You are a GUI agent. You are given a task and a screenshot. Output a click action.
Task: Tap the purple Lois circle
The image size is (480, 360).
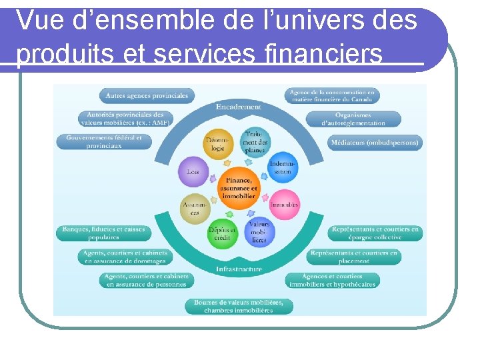(193, 171)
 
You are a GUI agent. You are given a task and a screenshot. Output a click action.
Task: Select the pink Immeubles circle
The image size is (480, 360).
(284, 204)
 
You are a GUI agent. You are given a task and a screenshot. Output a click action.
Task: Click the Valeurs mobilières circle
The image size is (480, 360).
(259, 231)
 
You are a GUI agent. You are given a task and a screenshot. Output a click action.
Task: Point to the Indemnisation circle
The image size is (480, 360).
(283, 168)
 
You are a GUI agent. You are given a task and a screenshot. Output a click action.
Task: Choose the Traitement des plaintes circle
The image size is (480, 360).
(255, 141)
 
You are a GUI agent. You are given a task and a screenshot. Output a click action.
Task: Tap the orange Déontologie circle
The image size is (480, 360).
(217, 144)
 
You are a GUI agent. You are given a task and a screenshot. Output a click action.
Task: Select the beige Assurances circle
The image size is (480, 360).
(195, 209)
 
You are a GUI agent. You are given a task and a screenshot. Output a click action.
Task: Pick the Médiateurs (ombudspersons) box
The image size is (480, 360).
(375, 142)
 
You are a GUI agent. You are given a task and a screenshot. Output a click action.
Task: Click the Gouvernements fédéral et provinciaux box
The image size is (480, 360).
(103, 141)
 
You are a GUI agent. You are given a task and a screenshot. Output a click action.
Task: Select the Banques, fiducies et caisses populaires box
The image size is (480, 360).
(103, 233)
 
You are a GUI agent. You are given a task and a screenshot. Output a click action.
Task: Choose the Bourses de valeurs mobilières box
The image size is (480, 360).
(239, 306)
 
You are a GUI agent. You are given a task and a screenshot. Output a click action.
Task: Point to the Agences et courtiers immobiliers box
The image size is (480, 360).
(332, 280)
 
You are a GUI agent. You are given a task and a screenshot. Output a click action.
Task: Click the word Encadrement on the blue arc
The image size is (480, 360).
(239, 107)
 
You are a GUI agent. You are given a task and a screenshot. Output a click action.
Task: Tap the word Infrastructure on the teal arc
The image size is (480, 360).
(239, 269)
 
